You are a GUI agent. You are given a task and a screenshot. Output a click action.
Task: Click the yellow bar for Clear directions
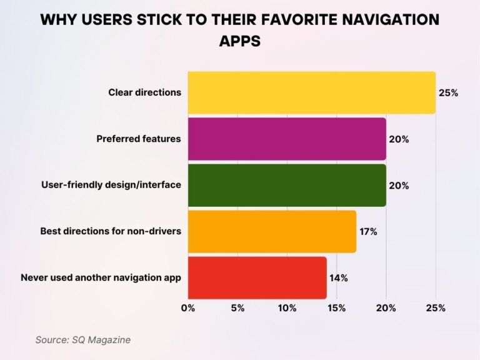(x=311, y=92)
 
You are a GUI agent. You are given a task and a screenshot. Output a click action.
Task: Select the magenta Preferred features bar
(x=286, y=139)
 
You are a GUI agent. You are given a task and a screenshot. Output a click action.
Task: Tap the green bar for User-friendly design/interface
(x=286, y=185)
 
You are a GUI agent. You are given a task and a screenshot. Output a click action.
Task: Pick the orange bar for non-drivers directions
(x=271, y=231)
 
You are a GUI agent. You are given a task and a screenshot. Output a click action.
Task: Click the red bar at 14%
(x=257, y=277)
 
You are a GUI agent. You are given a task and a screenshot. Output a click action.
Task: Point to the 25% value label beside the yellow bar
(x=448, y=93)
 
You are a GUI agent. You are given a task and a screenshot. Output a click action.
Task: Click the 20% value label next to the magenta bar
(x=399, y=139)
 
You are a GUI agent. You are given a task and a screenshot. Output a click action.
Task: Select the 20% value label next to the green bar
(x=399, y=186)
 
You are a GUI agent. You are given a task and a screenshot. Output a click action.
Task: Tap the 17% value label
(x=369, y=231)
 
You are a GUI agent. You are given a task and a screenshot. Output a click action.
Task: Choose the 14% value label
(x=339, y=277)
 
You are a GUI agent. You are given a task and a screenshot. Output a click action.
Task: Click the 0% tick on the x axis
(x=187, y=308)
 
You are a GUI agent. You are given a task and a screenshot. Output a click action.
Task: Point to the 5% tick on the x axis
(x=237, y=308)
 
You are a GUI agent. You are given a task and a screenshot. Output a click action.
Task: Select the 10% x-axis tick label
(x=287, y=308)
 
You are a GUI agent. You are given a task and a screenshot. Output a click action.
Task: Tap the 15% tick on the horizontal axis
(x=336, y=308)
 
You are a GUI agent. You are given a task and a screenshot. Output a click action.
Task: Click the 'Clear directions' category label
(x=144, y=92)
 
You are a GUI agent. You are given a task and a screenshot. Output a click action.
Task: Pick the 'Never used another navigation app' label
(x=101, y=277)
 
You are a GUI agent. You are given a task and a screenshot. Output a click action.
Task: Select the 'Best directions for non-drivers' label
(x=111, y=231)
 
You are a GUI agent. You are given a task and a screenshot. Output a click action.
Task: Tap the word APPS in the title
(x=240, y=41)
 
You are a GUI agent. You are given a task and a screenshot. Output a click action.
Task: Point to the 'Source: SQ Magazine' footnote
(x=82, y=339)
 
